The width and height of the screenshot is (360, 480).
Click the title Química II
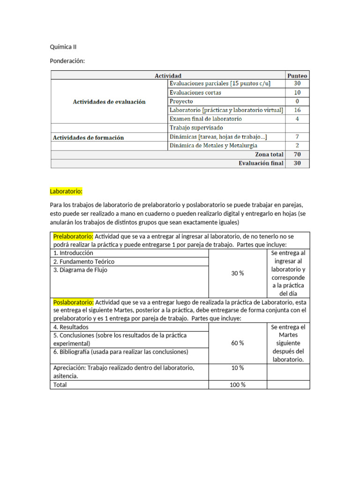tap(63, 47)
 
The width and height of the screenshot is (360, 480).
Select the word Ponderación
tap(67, 61)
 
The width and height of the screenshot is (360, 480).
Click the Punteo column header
tap(297, 75)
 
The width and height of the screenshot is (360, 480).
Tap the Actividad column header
tap(168, 75)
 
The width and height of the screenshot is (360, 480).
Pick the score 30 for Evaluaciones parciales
tap(297, 83)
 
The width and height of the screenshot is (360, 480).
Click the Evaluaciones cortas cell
tap(195, 92)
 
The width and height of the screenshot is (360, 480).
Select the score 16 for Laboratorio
tap(297, 110)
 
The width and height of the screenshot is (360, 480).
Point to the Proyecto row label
tap(181, 101)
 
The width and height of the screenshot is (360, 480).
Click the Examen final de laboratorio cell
tap(206, 119)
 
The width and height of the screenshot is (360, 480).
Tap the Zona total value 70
tap(297, 154)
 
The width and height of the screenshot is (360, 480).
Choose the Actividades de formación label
tap(88, 137)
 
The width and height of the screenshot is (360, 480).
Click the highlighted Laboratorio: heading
tap(66, 191)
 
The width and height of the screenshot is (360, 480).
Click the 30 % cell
tap(238, 273)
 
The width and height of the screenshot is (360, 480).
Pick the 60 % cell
tap(238, 343)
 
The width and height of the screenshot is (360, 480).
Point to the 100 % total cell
tap(238, 385)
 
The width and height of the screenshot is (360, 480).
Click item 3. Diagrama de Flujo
tap(80, 270)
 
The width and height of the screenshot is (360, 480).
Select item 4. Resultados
tap(71, 327)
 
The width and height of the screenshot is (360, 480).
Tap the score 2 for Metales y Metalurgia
tap(297, 146)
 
